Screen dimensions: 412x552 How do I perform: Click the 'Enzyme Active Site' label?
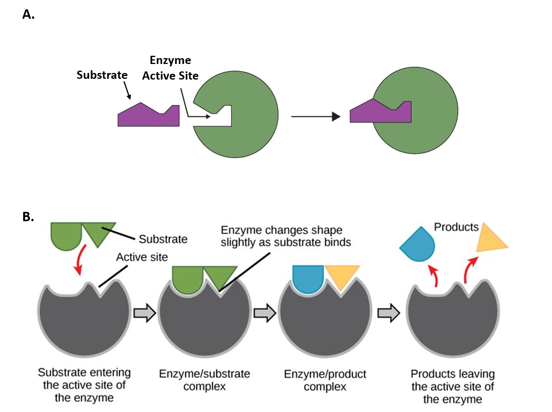[170, 68]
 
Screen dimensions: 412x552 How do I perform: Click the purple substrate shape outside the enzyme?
[148, 116]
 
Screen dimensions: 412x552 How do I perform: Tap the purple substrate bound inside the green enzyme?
[381, 113]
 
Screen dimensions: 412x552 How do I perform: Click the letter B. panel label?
[28, 217]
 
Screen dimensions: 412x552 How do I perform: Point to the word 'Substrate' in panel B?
[163, 239]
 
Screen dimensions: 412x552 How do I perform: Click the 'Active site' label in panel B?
[142, 257]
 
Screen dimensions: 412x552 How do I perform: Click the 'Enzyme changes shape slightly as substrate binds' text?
[285, 236]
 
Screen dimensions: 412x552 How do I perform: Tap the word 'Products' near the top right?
[456, 227]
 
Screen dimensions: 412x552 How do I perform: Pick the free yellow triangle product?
[490, 239]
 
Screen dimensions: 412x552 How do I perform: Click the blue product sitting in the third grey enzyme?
[308, 278]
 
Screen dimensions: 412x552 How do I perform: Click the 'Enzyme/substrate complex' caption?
[205, 380]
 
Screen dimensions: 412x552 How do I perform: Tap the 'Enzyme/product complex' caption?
[325, 380]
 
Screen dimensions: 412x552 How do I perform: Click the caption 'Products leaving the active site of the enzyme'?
[452, 387]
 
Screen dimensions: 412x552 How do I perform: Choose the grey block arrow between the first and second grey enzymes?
[144, 313]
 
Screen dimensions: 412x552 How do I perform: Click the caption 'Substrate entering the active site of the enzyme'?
[84, 385]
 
